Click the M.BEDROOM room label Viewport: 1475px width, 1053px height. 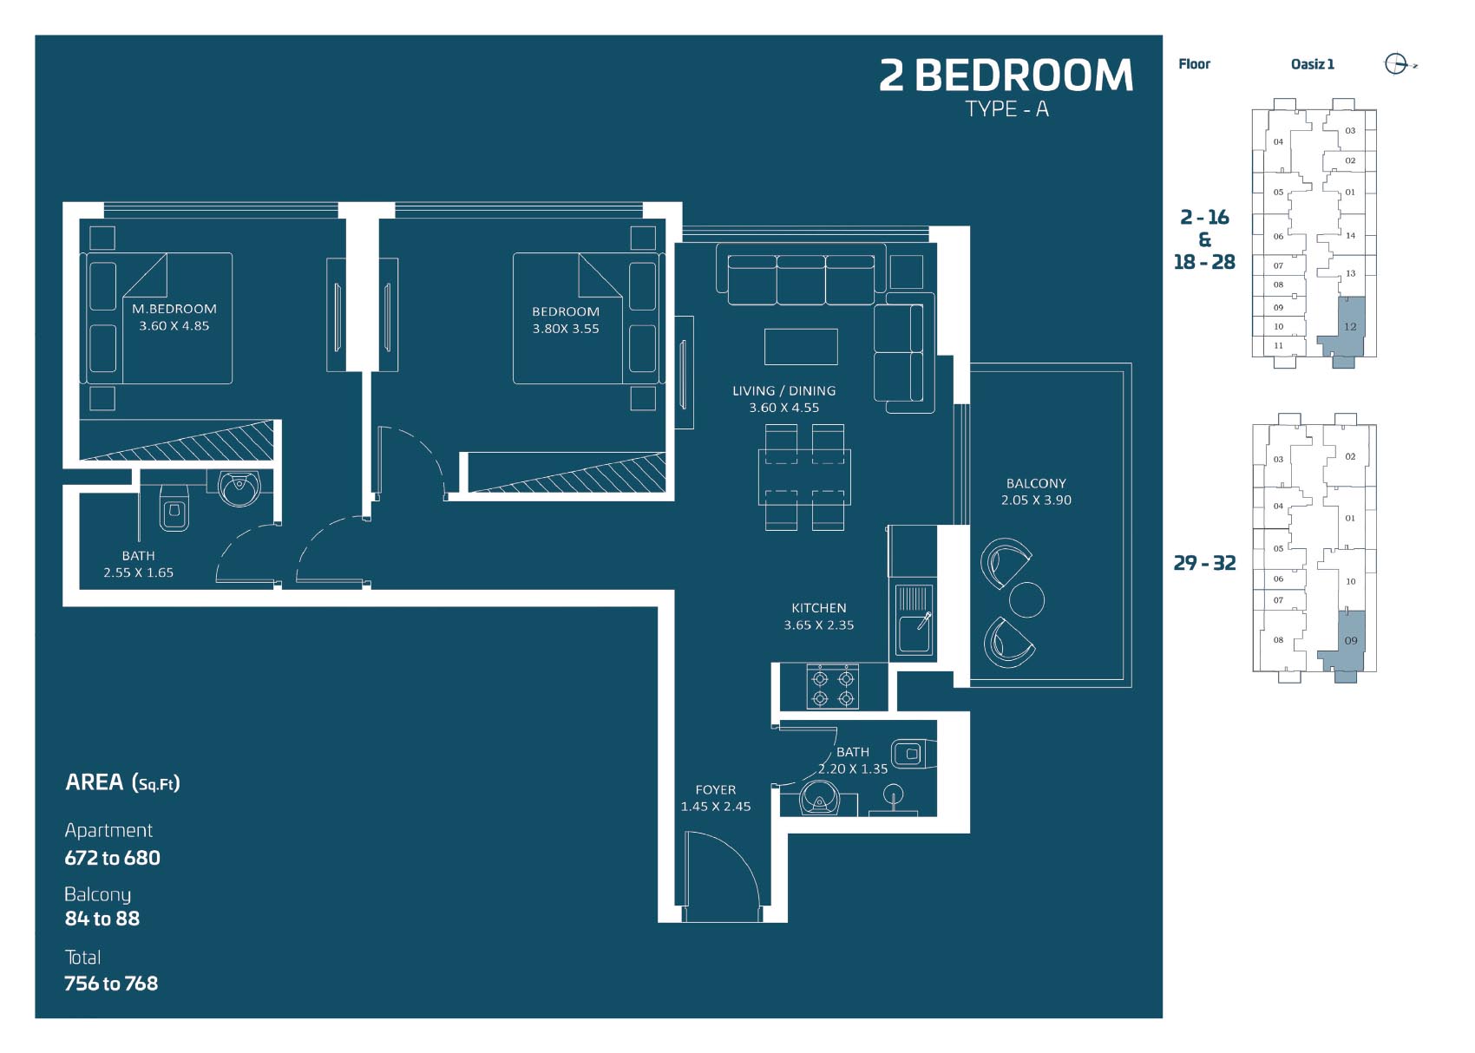[174, 309]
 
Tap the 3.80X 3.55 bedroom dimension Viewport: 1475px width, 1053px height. [566, 329]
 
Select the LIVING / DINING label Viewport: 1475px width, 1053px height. [783, 390]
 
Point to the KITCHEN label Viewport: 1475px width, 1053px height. [818, 607]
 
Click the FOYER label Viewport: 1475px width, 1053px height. [715, 789]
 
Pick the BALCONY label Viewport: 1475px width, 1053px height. [1036, 482]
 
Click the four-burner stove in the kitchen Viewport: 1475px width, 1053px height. [832, 687]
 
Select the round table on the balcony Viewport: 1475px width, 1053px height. [1026, 598]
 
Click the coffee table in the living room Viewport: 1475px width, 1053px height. [801, 347]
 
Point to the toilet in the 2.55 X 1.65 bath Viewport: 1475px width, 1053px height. [174, 507]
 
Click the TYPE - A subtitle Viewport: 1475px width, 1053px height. [1006, 108]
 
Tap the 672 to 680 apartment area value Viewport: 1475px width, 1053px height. [112, 858]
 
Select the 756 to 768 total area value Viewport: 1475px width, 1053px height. [111, 984]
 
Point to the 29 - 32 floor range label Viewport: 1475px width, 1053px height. [1204, 563]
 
